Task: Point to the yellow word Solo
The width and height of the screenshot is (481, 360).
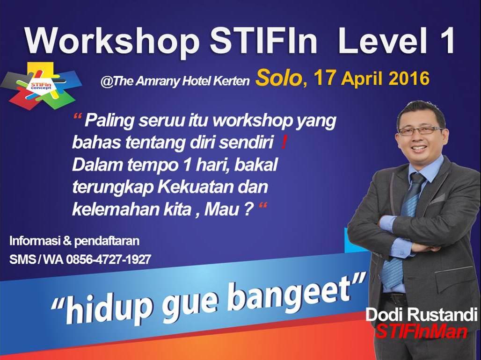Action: (x=278, y=78)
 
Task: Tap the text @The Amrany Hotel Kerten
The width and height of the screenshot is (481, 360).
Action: (x=175, y=81)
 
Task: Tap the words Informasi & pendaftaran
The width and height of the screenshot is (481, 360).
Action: (x=74, y=242)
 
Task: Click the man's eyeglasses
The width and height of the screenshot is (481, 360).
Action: (x=420, y=130)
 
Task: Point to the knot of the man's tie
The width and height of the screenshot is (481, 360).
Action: (x=417, y=179)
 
